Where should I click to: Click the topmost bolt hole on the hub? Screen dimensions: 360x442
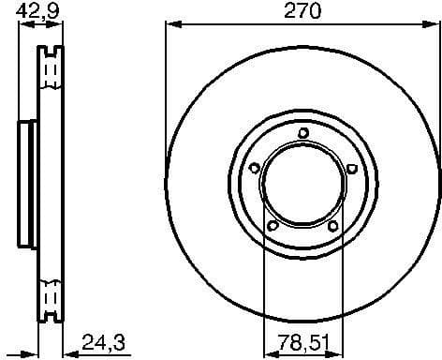tap(302, 132)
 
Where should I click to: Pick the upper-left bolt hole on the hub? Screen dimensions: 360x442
tap(254, 169)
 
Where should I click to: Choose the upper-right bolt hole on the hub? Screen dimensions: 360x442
tap(351, 169)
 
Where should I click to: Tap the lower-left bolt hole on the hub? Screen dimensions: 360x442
tap(272, 226)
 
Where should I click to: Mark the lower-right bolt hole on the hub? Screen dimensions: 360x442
tap(332, 226)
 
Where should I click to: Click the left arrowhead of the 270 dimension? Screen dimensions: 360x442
tap(171, 25)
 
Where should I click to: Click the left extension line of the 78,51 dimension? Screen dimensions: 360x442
tap(264, 281)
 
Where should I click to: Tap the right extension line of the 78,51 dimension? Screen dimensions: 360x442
tap(341, 281)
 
